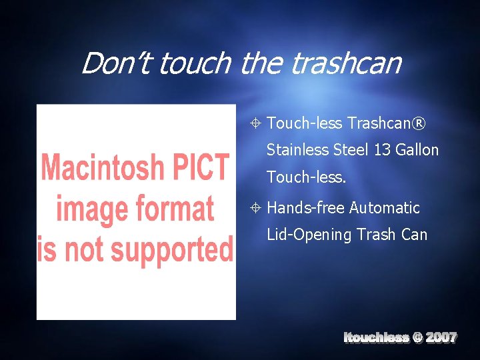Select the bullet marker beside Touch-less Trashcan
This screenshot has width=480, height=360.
[x=256, y=123]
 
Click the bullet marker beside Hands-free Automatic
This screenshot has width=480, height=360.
[x=256, y=208]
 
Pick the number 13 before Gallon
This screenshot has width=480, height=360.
[x=383, y=150]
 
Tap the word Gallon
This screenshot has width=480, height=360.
[x=417, y=150]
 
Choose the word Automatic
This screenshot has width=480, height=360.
[x=385, y=208]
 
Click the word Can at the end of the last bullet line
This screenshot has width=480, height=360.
[x=414, y=235]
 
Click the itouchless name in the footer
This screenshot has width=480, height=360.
[x=376, y=337]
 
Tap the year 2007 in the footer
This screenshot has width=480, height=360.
[x=441, y=337]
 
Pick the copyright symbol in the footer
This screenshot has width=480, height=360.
[x=417, y=337]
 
